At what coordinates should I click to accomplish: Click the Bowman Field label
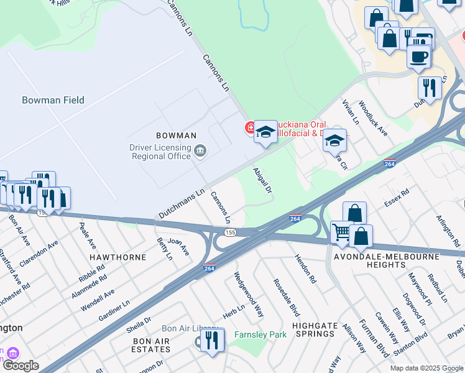click(x=53, y=100)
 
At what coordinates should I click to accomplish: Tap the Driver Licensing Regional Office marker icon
click(x=201, y=150)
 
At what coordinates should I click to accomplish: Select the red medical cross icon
click(x=250, y=128)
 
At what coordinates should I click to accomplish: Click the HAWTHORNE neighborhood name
click(x=117, y=257)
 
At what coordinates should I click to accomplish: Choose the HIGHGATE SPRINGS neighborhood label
click(x=315, y=329)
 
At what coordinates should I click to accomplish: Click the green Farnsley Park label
click(x=260, y=334)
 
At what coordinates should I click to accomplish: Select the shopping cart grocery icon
click(x=341, y=233)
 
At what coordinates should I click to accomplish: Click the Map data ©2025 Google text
click(x=426, y=368)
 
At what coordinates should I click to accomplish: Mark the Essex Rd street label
click(x=397, y=198)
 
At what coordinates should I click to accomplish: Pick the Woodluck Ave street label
click(x=373, y=120)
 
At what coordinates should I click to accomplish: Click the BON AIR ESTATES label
click(x=151, y=346)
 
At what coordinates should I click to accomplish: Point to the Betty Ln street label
click(x=164, y=247)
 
